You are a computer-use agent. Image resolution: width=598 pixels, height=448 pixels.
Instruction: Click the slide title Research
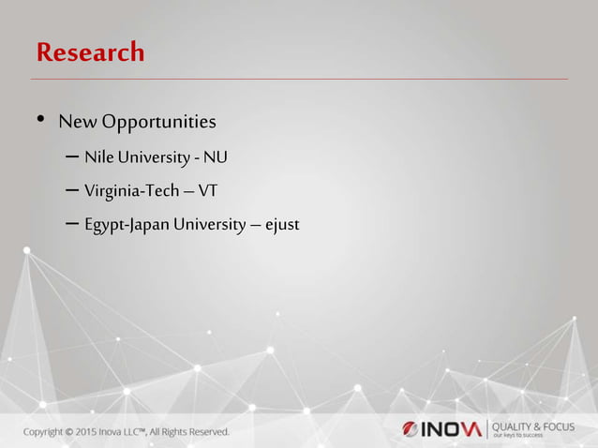tap(90, 52)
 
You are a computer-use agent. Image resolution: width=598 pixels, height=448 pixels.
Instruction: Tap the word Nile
tap(97, 156)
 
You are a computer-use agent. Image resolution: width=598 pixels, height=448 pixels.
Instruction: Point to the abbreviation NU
tap(216, 156)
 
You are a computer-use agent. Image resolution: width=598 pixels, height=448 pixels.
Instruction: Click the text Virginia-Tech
tap(130, 190)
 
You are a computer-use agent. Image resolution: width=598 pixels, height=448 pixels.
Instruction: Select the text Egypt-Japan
tap(127, 225)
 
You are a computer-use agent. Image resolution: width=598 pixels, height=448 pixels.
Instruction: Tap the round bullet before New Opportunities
tap(40, 121)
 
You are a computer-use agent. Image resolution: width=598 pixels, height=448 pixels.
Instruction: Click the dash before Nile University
tap(73, 157)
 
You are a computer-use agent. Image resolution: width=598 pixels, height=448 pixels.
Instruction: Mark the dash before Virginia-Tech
tap(73, 191)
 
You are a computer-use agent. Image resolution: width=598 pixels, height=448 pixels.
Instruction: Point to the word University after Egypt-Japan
tap(211, 225)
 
